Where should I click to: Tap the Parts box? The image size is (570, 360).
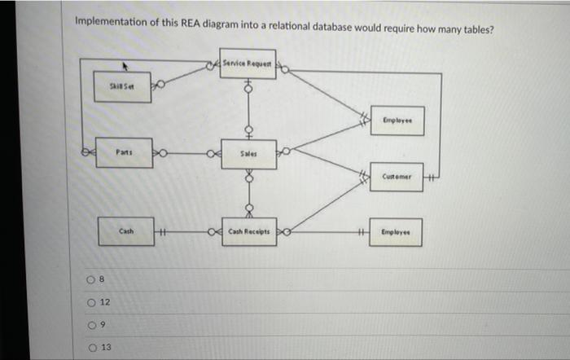124,152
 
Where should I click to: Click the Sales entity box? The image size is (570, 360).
249,153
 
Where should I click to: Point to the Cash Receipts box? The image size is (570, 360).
249,232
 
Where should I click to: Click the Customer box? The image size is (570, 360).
396,178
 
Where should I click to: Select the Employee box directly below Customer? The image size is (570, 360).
396,232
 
